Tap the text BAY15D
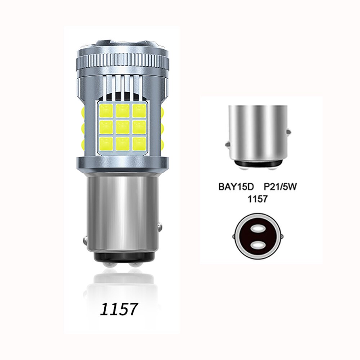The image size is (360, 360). pyautogui.click(x=236, y=187)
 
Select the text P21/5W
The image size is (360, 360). pyautogui.click(x=280, y=187)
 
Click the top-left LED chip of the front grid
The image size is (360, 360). pyautogui.click(x=106, y=110)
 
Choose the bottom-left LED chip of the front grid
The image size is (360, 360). pyautogui.click(x=106, y=144)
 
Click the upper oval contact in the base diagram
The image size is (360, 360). pyautogui.click(x=258, y=229)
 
